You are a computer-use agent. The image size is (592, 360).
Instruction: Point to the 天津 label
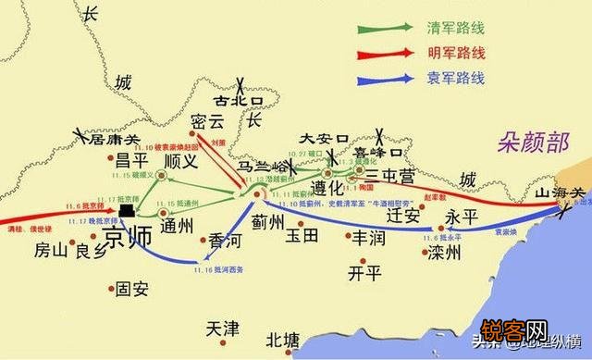tap(222, 329)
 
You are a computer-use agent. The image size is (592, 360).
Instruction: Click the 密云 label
tap(207, 123)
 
